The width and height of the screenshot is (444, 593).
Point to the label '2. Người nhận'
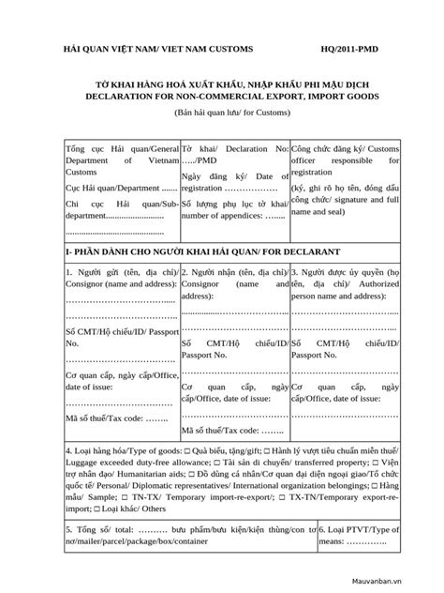[x=212, y=273]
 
